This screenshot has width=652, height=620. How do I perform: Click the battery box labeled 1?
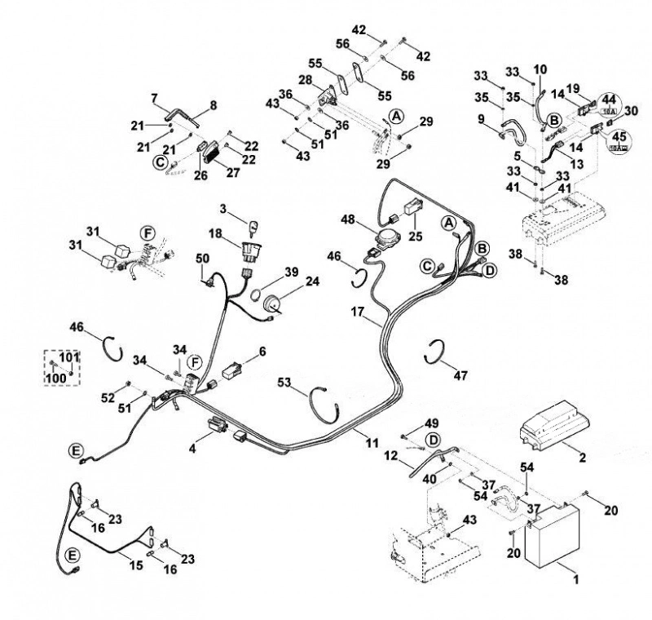[x=553, y=536]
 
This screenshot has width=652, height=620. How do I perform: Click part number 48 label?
[x=347, y=219]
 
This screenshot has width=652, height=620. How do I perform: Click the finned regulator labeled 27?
[x=214, y=152]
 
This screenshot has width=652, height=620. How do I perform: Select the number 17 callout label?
[x=358, y=312]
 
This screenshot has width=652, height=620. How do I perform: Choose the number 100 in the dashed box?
[x=56, y=378]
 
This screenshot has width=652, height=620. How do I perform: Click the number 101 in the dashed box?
[x=68, y=357]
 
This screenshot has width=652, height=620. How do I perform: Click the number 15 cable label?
[x=136, y=565]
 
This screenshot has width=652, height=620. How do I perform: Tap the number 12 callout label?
[x=391, y=456]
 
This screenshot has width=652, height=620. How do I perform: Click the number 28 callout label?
[x=306, y=79]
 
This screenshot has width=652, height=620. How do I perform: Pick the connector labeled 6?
[x=232, y=370]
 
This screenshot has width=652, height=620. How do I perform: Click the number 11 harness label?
[x=372, y=442]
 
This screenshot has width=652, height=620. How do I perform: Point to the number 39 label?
[x=292, y=272]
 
